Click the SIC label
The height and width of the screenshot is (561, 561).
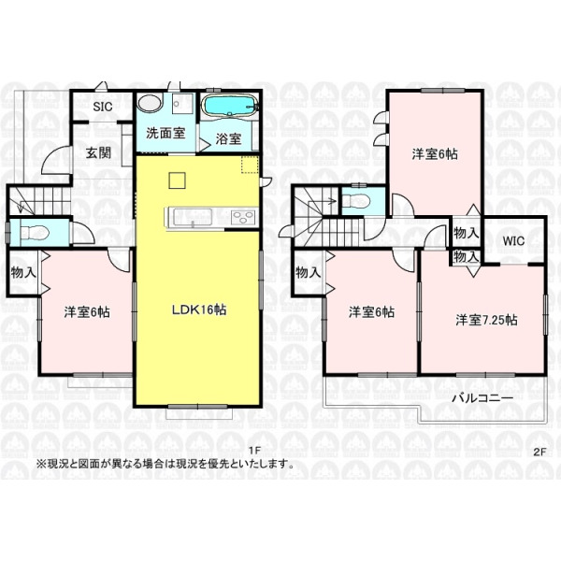pos(103,107)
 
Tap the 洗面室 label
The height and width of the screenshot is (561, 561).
pos(165,133)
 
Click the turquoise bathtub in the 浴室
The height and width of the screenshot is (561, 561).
pos(229,105)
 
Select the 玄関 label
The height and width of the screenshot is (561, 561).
pos(98,152)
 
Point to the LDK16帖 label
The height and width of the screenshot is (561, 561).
pos(199,309)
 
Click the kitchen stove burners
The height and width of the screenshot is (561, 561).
pos(243,218)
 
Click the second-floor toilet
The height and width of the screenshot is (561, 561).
pos(355,201)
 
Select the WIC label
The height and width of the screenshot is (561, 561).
pos(513,241)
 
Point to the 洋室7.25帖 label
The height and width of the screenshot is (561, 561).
pos(486,320)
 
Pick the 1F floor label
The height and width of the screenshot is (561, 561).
pos(254,452)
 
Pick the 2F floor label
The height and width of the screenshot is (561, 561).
pos(539,452)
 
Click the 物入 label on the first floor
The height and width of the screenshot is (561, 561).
pos(23,272)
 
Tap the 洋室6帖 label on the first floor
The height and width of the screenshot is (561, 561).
pos(87,312)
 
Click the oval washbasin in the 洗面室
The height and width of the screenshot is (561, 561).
pos(151,103)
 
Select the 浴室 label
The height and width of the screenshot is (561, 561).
pos(228,138)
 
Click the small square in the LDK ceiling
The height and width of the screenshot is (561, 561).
pos(177,180)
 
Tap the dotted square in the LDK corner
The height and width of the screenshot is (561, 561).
pos(250,165)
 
